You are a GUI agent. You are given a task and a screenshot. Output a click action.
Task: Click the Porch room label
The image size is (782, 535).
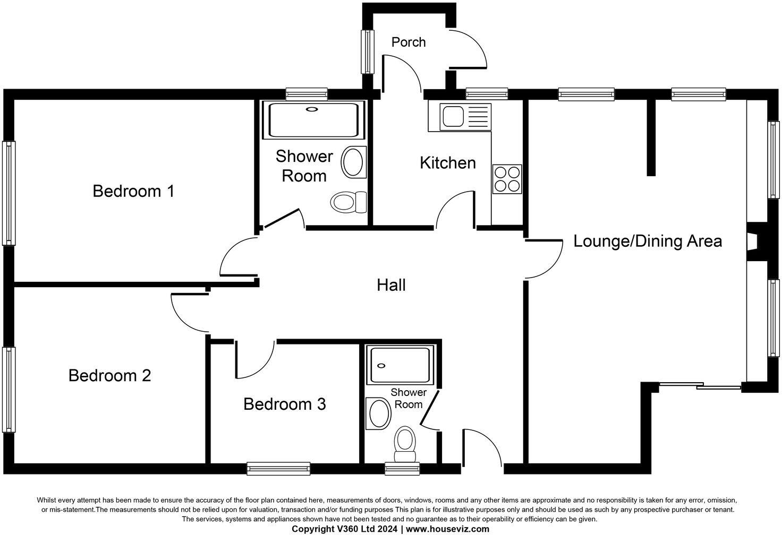tap(408, 42)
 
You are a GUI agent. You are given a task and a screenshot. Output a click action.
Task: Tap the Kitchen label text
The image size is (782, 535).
tap(447, 163)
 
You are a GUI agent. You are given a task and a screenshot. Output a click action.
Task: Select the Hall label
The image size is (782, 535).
tap(391, 286)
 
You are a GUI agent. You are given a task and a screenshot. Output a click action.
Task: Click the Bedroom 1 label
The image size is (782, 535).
tap(133, 191)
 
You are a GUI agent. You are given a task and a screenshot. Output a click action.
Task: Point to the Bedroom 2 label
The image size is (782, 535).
tap(109, 376)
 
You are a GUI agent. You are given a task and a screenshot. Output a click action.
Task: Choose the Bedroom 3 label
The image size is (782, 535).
tap(284, 404)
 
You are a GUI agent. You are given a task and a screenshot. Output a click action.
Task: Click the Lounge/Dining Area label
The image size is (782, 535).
tap(647, 241)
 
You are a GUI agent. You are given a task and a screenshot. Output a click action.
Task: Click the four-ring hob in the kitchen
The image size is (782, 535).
tap(507, 179)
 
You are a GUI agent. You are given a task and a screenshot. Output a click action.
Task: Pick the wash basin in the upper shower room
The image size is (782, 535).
tap(353, 162)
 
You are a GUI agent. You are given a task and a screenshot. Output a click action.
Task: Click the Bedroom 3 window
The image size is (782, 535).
tap(278, 468)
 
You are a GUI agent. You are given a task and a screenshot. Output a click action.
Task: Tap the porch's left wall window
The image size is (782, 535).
tap(367, 51)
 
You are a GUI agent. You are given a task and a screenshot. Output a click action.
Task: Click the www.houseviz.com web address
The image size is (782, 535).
tap(447, 529)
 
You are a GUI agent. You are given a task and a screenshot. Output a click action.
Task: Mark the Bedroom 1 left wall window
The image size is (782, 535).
tap(8, 193)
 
